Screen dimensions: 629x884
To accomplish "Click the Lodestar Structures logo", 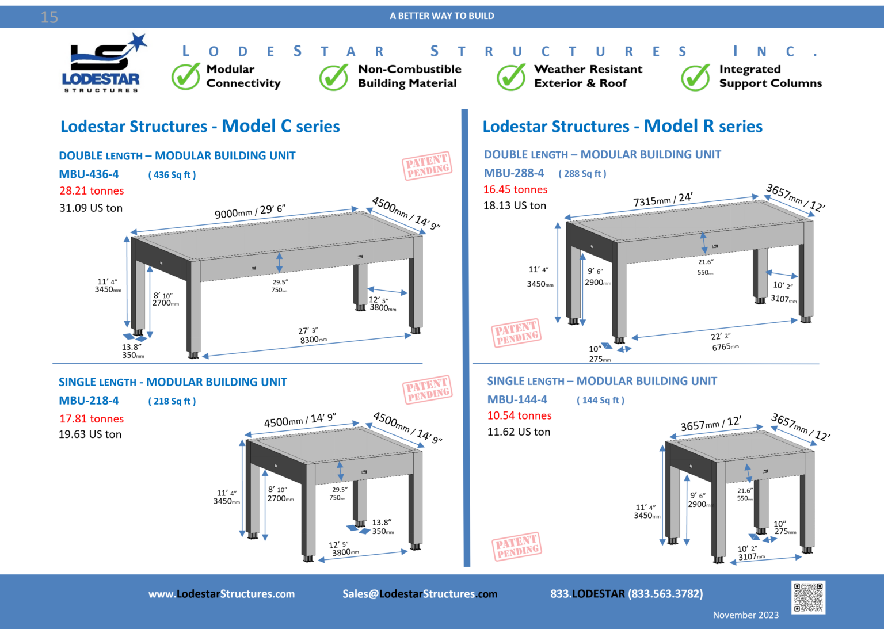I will pyautogui.click(x=105, y=63).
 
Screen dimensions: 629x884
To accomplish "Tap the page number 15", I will pyautogui.click(x=49, y=17).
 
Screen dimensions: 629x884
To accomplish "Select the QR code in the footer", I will pyautogui.click(x=808, y=597).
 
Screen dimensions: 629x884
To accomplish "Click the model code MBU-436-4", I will pyautogui.click(x=89, y=174).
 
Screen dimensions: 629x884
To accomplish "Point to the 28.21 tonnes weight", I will pyautogui.click(x=92, y=191).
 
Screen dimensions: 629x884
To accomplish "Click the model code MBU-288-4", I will pyautogui.click(x=514, y=173).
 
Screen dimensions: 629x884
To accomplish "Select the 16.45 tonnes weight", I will pyautogui.click(x=515, y=189).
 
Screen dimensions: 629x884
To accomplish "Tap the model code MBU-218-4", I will pyautogui.click(x=89, y=401).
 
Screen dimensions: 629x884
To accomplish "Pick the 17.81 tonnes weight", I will pyautogui.click(x=92, y=419).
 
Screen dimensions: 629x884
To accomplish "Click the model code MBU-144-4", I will pyautogui.click(x=517, y=399).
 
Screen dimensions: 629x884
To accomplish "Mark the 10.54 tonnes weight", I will pyautogui.click(x=519, y=415).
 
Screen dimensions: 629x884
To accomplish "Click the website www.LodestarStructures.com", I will pyautogui.click(x=222, y=594).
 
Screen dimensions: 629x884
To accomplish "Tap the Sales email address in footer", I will pyautogui.click(x=420, y=594).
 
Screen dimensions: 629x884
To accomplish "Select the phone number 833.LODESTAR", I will pyautogui.click(x=626, y=593).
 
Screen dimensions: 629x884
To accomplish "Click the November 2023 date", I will pyautogui.click(x=745, y=615).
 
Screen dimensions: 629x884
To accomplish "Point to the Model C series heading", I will pyautogui.click(x=200, y=127).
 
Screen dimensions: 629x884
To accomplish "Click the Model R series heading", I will pyautogui.click(x=623, y=127).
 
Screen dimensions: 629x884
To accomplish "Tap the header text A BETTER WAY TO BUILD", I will pyautogui.click(x=441, y=16).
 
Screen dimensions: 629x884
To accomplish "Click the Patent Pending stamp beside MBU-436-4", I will pyautogui.click(x=427, y=166).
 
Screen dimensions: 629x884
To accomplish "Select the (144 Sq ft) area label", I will pyautogui.click(x=600, y=400).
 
